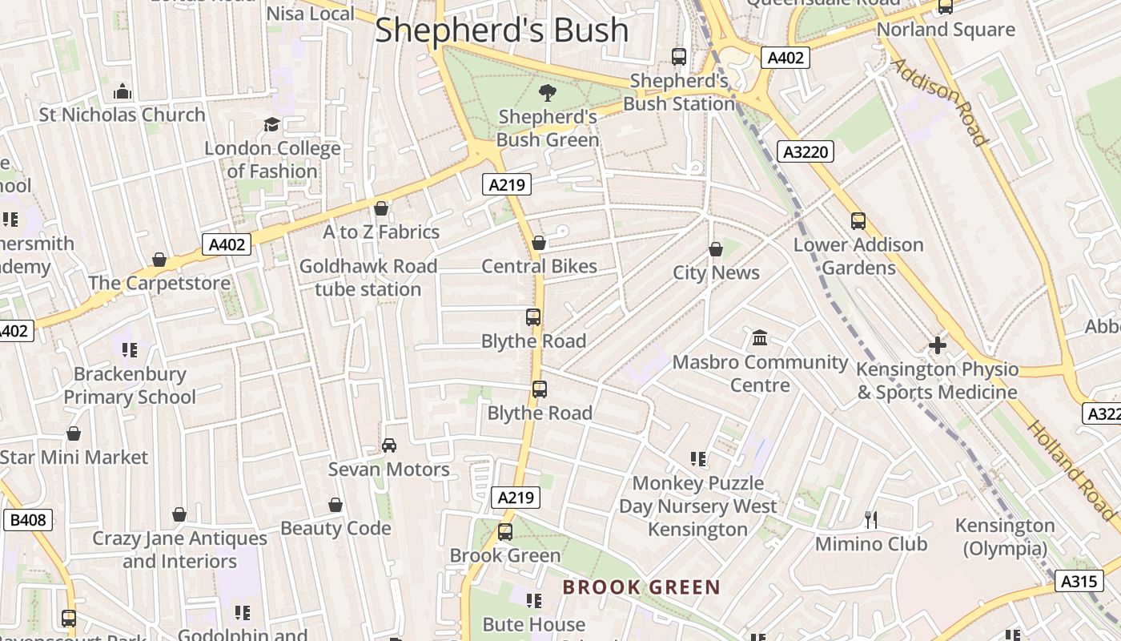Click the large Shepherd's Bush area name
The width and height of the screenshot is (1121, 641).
click(502, 30)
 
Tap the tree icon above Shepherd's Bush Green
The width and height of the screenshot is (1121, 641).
click(548, 92)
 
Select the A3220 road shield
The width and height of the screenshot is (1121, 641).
click(806, 151)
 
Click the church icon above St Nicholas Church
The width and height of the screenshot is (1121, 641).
click(122, 91)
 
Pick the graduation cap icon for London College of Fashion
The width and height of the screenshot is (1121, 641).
click(271, 124)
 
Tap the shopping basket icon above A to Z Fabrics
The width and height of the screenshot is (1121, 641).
click(381, 208)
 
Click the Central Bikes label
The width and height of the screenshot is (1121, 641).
click(539, 266)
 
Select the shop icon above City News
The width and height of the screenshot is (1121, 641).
click(716, 250)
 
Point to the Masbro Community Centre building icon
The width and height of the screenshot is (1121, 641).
click(760, 338)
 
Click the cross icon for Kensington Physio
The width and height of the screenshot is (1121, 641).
click(937, 346)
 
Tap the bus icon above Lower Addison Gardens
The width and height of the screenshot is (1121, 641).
click(858, 221)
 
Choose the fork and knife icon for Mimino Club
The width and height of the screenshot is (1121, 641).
click(871, 520)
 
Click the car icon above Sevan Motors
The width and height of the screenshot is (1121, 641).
click(389, 445)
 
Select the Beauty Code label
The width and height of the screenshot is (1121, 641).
click(335, 528)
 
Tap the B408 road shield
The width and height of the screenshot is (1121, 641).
click(28, 520)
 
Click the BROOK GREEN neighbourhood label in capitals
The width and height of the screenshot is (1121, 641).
click(641, 587)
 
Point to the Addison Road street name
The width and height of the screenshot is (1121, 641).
click(939, 102)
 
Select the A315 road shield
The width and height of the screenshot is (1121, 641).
click(1079, 581)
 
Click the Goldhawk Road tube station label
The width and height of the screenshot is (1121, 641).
click(368, 277)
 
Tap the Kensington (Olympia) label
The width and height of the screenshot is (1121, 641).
click(1005, 537)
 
